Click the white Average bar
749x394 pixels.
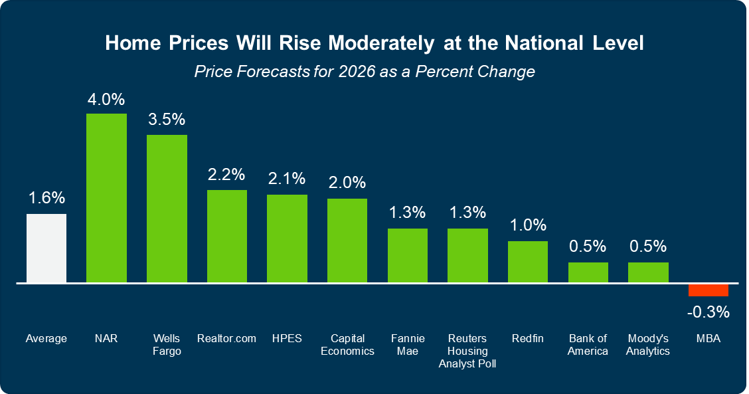[x=46, y=248]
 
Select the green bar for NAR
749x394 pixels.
[x=106, y=198]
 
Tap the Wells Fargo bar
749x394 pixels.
[x=167, y=209]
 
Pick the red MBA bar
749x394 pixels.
[x=708, y=290]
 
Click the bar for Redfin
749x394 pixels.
[x=528, y=262]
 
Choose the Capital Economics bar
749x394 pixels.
[x=347, y=241]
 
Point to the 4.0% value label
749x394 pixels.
[x=106, y=100]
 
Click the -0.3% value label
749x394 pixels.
[x=708, y=311]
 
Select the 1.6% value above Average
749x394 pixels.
[x=46, y=198]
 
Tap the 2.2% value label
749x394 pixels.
[x=226, y=175]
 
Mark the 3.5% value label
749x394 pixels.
[x=167, y=120]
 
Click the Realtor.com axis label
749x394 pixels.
[x=226, y=339]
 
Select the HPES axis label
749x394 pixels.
[x=287, y=339]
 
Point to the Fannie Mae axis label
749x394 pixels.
[x=408, y=345]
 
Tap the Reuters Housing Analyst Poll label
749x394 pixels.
[x=467, y=351]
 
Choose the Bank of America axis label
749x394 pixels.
[x=588, y=345]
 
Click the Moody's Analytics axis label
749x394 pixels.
[x=648, y=345]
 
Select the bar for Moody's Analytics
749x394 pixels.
[x=648, y=272]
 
